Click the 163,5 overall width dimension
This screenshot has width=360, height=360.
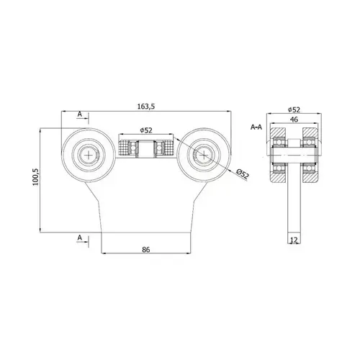tap(146, 107)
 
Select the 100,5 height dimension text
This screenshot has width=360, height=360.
tap(35, 177)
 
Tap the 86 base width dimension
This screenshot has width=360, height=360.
tap(146, 250)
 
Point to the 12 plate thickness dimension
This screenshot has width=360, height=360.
tap(294, 240)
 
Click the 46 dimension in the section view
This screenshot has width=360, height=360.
tap(294, 120)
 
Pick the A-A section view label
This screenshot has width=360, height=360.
tap(256, 127)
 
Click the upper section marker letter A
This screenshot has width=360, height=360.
tap(80, 114)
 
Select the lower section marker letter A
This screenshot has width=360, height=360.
tap(80, 238)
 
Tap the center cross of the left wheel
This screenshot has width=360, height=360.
tap(89, 156)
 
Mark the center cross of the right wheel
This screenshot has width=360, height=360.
tap(204, 156)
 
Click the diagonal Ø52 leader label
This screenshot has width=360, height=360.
tap(243, 174)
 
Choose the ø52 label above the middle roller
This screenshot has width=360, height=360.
tap(146, 130)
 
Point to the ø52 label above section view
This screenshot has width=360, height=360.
tap(294, 109)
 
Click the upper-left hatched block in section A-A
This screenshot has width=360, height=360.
tap(278, 133)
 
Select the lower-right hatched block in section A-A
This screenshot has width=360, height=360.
tap(310, 177)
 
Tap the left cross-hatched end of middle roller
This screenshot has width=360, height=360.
tap(124, 149)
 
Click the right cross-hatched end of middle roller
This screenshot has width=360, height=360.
tap(168, 149)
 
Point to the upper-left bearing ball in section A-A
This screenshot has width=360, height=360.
tap(279, 143)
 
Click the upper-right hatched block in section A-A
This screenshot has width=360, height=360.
tap(310, 133)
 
